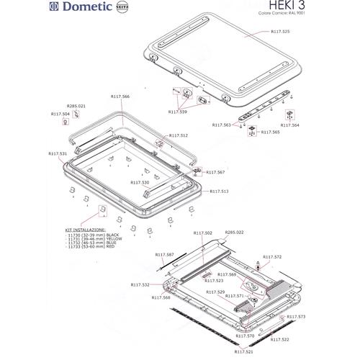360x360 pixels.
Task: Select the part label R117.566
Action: [x=120, y=96]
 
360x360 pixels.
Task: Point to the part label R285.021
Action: [x=76, y=106]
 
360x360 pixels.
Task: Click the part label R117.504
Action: [x=60, y=113]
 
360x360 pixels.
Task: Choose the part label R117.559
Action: [x=177, y=112]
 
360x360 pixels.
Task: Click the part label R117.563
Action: [x=222, y=125]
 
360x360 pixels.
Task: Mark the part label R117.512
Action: [x=179, y=135]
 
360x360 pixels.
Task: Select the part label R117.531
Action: [x=58, y=153]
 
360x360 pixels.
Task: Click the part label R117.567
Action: [x=216, y=173]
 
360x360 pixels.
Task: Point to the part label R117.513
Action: [x=220, y=192]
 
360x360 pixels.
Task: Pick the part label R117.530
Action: [x=140, y=183]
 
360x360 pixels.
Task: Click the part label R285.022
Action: [x=235, y=233]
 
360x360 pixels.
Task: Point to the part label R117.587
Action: [x=165, y=256]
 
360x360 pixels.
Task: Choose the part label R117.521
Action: [x=244, y=353]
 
